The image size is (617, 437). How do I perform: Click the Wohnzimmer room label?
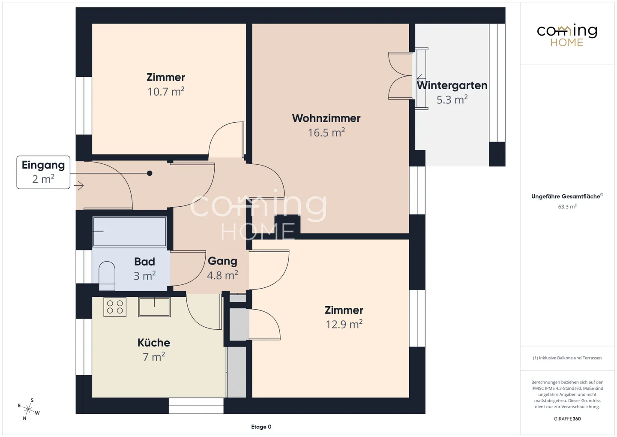click(326, 118)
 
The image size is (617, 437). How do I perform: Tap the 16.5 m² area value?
click(326, 133)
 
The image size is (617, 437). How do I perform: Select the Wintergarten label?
click(452, 85)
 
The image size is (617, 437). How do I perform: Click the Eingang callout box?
click(43, 172)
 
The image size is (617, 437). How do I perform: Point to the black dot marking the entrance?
click(150, 173)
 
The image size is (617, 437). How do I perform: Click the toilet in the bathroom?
click(107, 275)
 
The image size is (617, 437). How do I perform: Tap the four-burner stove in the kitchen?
click(115, 307)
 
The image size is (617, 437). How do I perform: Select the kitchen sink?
click(154, 307)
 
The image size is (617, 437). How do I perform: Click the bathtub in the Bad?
click(129, 232)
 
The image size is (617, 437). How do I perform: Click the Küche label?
click(154, 343)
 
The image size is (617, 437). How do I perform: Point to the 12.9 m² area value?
click(344, 324)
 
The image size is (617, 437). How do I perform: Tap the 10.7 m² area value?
click(166, 91)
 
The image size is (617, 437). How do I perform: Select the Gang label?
click(222, 261)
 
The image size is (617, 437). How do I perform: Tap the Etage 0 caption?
click(261, 427)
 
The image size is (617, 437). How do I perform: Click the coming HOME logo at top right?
click(567, 36)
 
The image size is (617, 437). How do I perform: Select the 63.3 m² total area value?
click(567, 207)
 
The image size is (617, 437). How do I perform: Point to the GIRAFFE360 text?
click(567, 419)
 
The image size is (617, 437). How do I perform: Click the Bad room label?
click(145, 262)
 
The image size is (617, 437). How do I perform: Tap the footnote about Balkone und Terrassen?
click(567, 358)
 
